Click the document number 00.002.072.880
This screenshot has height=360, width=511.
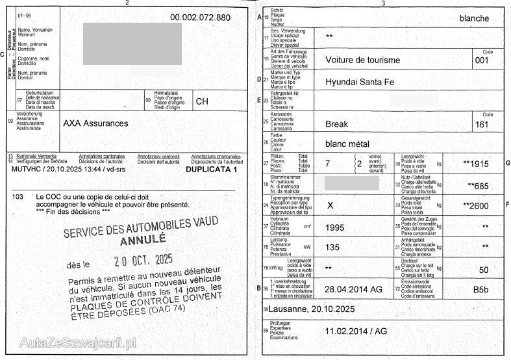point(200,17)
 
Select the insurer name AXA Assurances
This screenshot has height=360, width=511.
point(95,123)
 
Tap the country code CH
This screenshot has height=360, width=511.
point(202,101)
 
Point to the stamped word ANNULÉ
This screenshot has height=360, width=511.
point(143,240)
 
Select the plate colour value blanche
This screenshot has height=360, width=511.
point(474,18)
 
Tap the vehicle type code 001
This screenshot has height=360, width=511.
point(482,60)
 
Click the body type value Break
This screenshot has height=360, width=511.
point(336,123)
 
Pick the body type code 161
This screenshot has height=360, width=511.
point(482,124)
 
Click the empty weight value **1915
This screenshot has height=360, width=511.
point(476,164)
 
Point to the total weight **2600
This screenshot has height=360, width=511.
point(475,205)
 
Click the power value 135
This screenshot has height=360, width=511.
point(332,247)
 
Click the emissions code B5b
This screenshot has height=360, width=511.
point(480,289)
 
